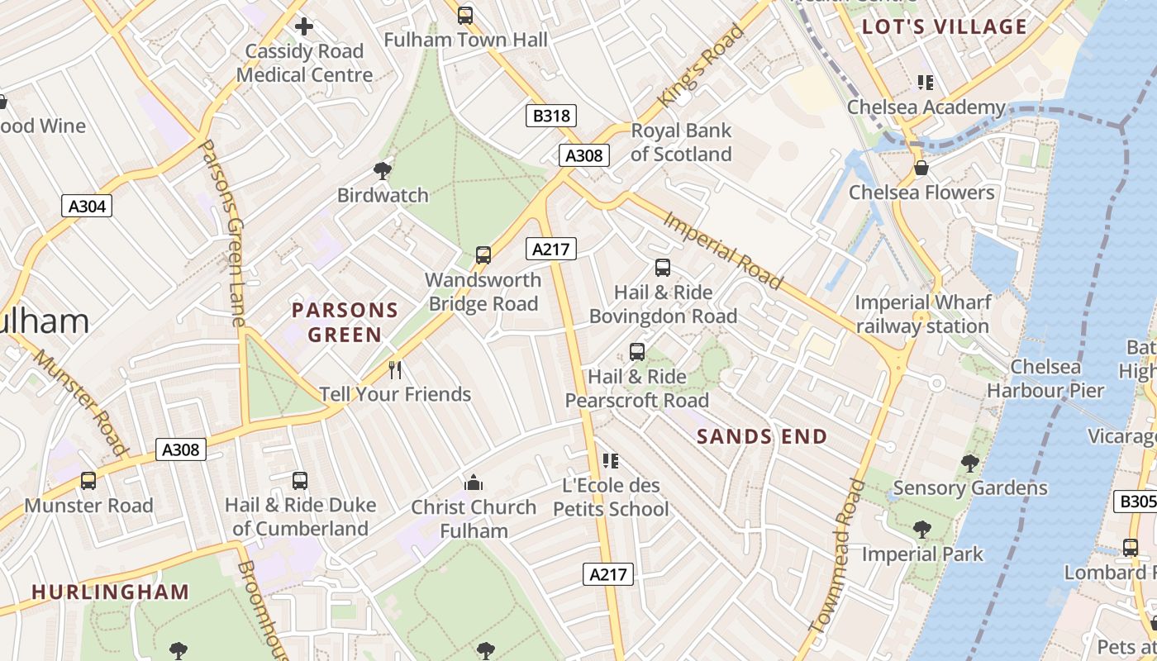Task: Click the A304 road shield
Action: tap(87, 206)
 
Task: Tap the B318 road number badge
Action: tap(551, 115)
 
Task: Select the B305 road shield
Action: tap(1137, 501)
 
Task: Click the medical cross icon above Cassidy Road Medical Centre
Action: tap(304, 26)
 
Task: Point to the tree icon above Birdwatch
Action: tap(382, 171)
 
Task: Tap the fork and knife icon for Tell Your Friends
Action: tap(395, 370)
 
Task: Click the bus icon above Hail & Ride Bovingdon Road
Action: tap(663, 268)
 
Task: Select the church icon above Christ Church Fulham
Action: tap(474, 483)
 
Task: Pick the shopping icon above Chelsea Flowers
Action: tap(921, 169)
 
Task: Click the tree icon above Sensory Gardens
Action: tap(970, 464)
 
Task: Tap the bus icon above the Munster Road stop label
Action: tap(88, 481)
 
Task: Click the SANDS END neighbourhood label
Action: tap(762, 436)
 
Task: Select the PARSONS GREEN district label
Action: tap(345, 322)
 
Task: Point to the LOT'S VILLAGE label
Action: tap(945, 26)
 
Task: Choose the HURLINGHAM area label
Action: tap(111, 592)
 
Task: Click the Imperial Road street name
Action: tap(723, 250)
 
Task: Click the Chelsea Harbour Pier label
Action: tap(1045, 378)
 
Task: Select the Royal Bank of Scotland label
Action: tap(681, 142)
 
